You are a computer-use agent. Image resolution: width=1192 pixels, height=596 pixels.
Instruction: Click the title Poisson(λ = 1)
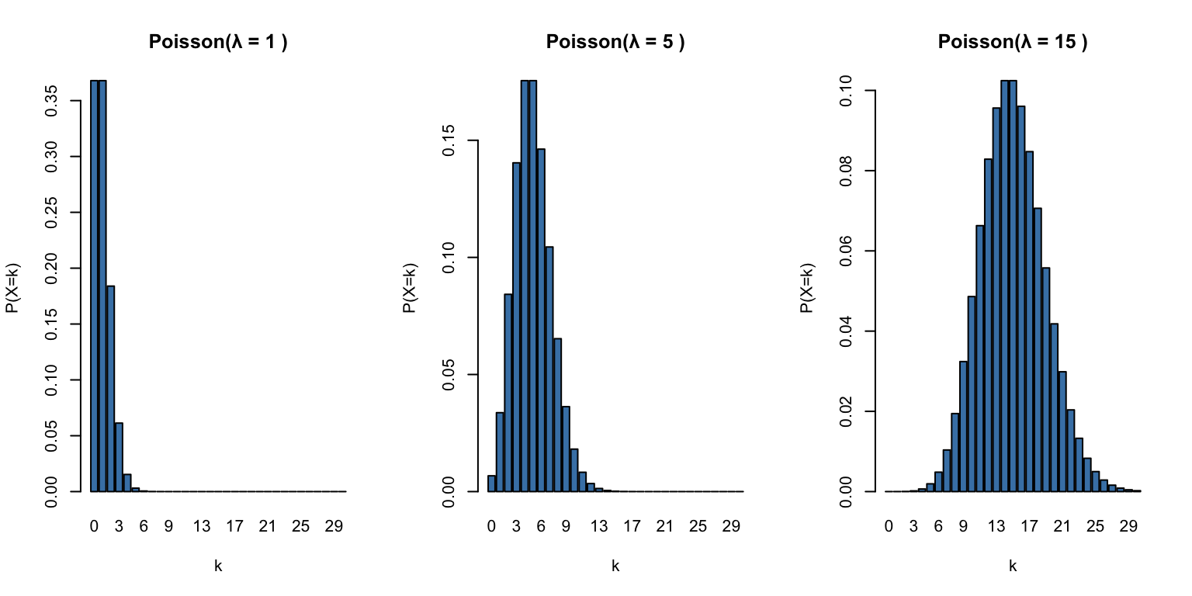(218, 43)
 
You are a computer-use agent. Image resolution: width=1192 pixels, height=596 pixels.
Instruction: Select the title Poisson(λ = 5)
(615, 43)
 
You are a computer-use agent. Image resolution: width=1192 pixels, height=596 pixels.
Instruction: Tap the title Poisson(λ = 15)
(1013, 43)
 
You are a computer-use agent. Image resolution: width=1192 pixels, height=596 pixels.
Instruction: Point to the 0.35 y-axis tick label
(52, 101)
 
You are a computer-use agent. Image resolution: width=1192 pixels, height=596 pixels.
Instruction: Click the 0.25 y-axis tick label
(52, 213)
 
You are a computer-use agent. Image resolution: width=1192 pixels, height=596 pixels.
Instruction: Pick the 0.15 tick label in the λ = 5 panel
(449, 140)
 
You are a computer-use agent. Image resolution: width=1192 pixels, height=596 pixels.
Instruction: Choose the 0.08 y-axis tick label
(847, 171)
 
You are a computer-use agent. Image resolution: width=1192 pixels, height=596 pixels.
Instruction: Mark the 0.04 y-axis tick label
(847, 331)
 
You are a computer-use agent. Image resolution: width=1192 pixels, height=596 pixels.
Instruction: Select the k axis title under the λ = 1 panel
(218, 567)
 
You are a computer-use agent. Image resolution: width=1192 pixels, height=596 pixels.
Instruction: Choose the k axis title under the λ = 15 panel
(1013, 567)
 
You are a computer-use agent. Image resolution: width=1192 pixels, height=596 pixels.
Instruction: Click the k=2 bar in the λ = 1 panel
(111, 388)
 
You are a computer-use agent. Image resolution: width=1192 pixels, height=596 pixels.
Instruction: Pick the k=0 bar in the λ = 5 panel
(491, 483)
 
